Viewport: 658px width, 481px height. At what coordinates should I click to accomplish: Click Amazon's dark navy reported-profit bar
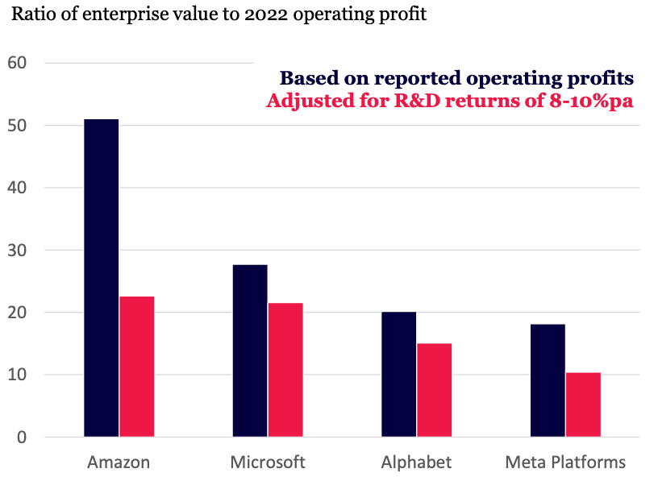(102, 278)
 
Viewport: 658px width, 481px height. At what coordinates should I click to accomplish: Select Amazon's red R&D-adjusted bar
(137, 367)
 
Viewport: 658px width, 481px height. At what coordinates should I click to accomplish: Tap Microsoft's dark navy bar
(250, 350)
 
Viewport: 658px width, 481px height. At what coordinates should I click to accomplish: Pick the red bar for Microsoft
(285, 370)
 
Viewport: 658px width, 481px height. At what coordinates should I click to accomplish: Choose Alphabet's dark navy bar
(398, 375)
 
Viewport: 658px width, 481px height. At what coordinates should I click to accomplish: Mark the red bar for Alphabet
(434, 390)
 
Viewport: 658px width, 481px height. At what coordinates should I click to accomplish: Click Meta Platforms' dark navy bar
(548, 380)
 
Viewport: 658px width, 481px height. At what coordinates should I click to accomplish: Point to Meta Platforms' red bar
(583, 404)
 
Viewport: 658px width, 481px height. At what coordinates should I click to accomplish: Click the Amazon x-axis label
(119, 462)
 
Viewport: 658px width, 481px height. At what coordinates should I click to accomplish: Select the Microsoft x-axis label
(268, 462)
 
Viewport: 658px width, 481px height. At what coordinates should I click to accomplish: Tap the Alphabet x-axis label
(416, 462)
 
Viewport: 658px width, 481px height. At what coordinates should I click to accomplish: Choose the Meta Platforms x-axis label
(565, 462)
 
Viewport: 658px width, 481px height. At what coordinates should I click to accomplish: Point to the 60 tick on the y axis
(16, 63)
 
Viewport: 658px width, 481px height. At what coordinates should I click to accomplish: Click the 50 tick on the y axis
(16, 126)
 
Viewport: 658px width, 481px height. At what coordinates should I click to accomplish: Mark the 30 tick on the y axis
(16, 251)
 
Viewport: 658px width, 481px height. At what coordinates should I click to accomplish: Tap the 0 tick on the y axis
(21, 437)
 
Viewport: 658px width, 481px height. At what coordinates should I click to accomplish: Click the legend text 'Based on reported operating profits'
(456, 78)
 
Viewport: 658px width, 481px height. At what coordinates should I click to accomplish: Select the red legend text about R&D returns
(450, 102)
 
